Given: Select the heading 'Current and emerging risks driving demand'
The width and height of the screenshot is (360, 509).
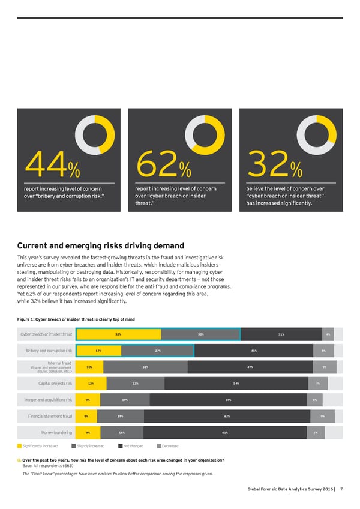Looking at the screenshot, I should [100, 245].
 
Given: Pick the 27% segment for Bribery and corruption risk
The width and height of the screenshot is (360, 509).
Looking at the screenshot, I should [158, 350].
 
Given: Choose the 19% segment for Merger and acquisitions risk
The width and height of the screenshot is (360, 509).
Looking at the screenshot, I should [125, 400].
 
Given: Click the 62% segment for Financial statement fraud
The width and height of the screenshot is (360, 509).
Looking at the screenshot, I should [227, 416].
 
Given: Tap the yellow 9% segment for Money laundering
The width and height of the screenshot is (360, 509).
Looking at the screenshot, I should [88, 432].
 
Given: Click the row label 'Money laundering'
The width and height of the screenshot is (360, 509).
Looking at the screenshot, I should [56, 432].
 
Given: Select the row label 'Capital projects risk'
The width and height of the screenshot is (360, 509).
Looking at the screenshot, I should [55, 384].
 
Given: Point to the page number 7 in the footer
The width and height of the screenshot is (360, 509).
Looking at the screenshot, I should [341, 489].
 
